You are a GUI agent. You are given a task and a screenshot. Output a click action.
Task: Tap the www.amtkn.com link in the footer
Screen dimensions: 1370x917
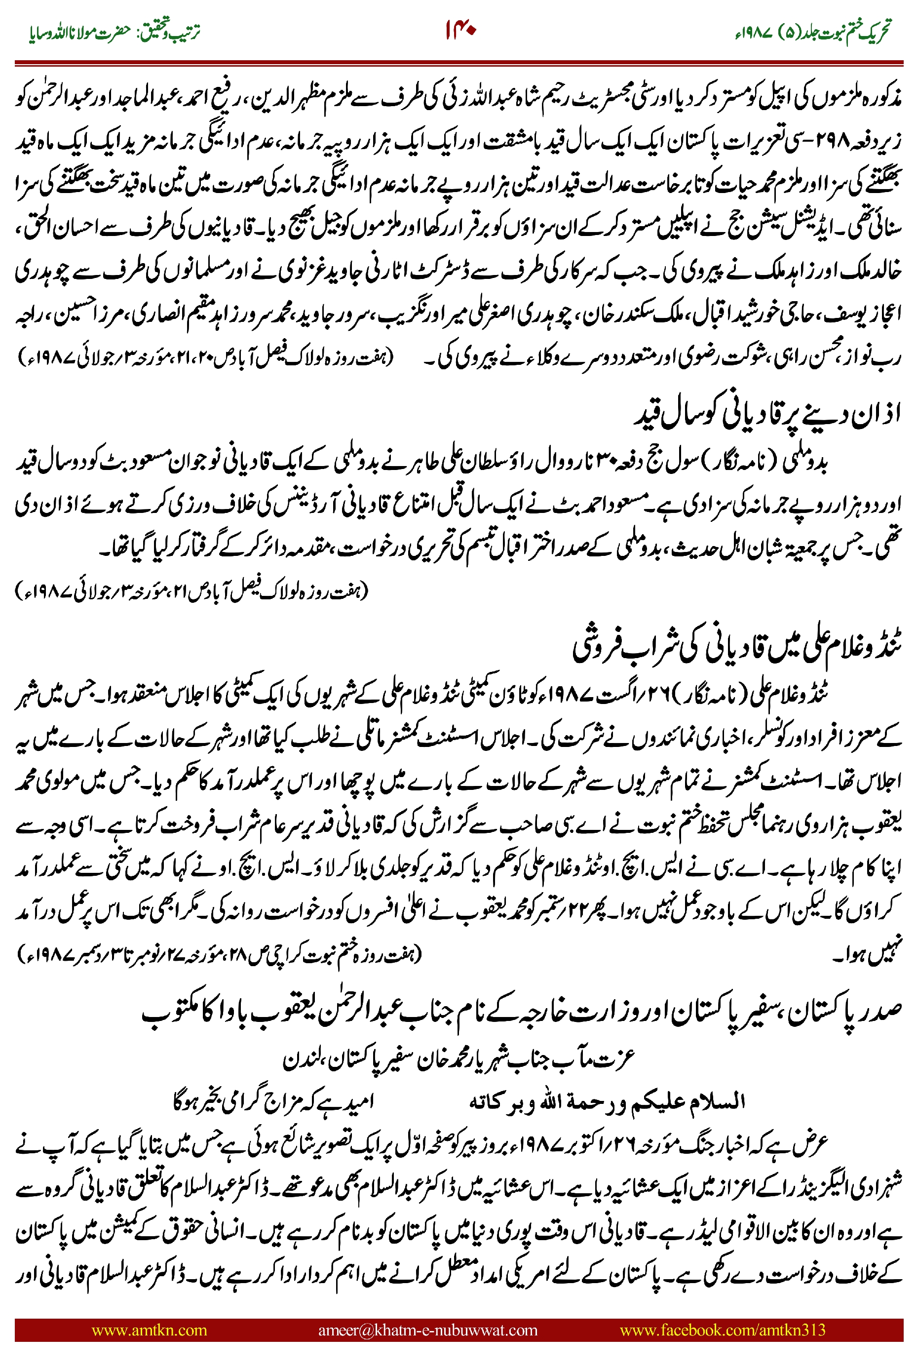point(149,1330)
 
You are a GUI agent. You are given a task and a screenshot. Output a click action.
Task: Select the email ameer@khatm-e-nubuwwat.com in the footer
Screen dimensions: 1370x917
point(427,1330)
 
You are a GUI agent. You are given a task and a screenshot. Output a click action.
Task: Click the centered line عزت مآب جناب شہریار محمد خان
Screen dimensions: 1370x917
point(458,1059)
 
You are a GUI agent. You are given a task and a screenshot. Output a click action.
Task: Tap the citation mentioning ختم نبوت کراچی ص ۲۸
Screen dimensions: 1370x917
point(219,955)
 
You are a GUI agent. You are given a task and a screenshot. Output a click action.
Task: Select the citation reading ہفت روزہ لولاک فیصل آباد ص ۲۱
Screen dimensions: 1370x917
point(193,591)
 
